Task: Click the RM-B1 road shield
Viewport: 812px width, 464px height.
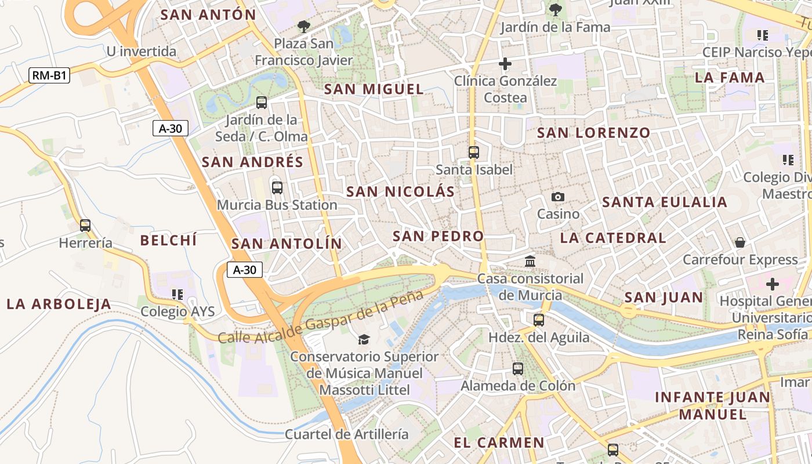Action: [x=49, y=75]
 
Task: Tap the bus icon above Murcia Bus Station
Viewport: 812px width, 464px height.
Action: [x=277, y=188]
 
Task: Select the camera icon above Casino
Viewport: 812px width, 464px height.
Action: [x=558, y=197]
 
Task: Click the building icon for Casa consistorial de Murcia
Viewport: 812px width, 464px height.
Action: [x=530, y=262]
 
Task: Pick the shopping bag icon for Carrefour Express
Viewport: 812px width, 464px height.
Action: [x=740, y=242]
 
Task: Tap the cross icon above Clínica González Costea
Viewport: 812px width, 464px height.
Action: [x=505, y=64]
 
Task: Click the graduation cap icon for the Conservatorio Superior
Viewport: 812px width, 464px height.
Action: [x=364, y=339]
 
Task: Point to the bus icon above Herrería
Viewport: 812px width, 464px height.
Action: [x=85, y=226]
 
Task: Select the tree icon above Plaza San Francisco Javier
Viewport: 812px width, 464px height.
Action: [x=303, y=27]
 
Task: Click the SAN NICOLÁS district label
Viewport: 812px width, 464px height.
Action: [x=400, y=192]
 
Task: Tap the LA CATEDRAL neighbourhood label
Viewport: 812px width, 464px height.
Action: [x=613, y=238]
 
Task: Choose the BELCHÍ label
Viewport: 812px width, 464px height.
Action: [x=169, y=240]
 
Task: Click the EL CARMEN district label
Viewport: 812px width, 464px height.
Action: [x=499, y=443]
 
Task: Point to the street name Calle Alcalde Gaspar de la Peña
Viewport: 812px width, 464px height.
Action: [x=321, y=317]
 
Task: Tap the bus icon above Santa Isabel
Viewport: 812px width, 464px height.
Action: [x=474, y=153]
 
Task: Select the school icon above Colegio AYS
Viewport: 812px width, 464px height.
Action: [x=177, y=295]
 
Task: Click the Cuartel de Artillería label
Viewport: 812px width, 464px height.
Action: [x=346, y=434]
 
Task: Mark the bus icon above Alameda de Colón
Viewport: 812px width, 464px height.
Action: [x=518, y=369]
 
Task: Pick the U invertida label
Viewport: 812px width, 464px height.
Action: [x=141, y=52]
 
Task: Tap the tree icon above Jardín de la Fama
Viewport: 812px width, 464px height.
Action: [x=555, y=10]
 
